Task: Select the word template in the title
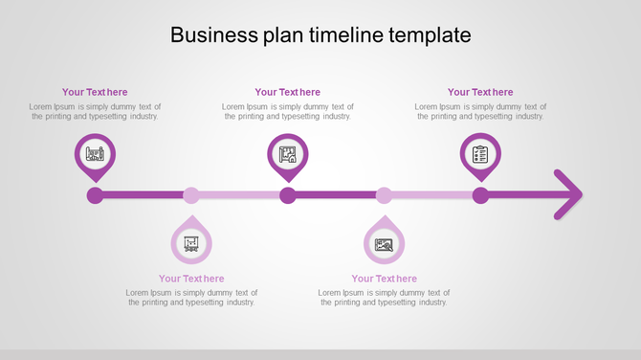click(429, 35)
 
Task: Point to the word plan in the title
click(276, 36)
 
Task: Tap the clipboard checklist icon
click(480, 153)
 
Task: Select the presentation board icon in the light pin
click(191, 243)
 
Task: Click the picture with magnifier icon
click(384, 244)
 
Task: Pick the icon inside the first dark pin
click(95, 153)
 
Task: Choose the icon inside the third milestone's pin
click(288, 153)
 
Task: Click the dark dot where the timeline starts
click(95, 196)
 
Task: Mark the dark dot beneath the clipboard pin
click(480, 196)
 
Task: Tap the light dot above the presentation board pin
click(191, 196)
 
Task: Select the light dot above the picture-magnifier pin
click(384, 196)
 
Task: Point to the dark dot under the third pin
click(288, 196)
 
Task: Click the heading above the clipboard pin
click(480, 92)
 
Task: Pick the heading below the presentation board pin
click(191, 279)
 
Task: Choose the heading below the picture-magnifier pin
click(384, 279)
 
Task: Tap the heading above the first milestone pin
click(95, 92)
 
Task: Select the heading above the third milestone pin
click(288, 92)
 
